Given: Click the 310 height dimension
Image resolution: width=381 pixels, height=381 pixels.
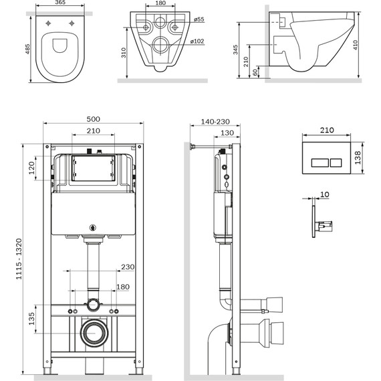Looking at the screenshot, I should pyautogui.click(x=124, y=53).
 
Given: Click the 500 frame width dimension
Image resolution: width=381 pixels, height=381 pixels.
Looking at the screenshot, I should pyautogui.click(x=94, y=119).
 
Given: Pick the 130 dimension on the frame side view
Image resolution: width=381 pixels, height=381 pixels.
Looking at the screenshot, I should pyautogui.click(x=227, y=133).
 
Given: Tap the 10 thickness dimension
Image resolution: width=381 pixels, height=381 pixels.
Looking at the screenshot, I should pyautogui.click(x=324, y=195).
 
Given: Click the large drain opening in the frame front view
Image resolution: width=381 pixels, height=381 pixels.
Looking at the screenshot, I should pyautogui.click(x=94, y=332).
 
